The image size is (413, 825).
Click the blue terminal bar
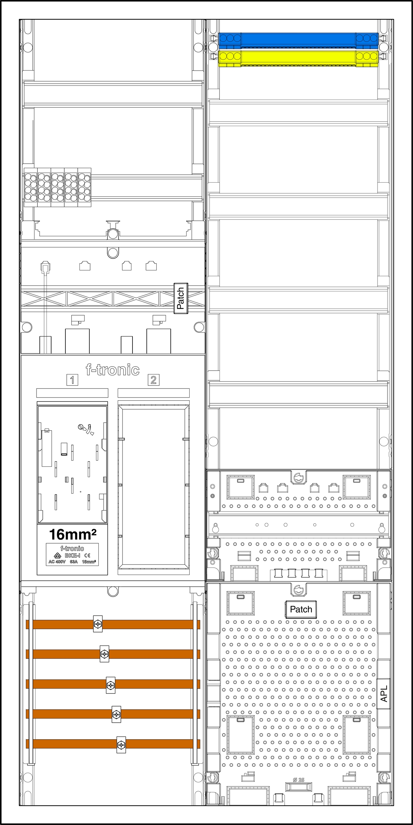click(x=298, y=40)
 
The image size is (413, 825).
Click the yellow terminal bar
click(x=298, y=58)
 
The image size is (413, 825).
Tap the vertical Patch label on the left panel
click(x=181, y=298)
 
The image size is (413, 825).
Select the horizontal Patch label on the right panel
click(x=301, y=609)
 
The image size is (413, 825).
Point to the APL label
click(x=384, y=693)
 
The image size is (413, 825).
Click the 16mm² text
click(x=73, y=535)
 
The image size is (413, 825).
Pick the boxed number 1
click(x=72, y=380)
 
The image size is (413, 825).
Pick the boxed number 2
click(x=153, y=380)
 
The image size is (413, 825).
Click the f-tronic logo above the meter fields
click(x=113, y=370)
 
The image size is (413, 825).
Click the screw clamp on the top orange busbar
click(x=98, y=624)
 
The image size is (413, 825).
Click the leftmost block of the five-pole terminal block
click(x=31, y=187)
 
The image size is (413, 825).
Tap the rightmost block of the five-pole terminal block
click(x=84, y=187)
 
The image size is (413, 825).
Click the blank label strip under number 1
click(x=72, y=393)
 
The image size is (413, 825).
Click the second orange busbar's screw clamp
click(x=104, y=654)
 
